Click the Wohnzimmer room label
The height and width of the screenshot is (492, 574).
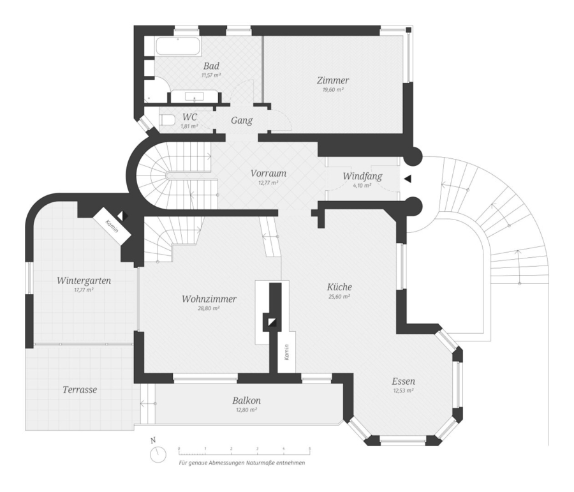209,299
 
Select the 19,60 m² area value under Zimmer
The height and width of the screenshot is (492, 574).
333,90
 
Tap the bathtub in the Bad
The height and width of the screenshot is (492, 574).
178,46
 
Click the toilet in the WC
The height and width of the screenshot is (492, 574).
168,120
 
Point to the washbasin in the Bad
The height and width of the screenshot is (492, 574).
194,97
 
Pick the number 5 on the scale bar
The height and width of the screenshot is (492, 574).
309,449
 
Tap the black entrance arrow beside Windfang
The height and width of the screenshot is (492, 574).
408,179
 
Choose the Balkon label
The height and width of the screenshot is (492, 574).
246,401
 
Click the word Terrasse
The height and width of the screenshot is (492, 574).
80,389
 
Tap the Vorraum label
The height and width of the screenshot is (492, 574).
268,173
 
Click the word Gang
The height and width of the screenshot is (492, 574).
241,120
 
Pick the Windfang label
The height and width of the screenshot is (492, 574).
362,176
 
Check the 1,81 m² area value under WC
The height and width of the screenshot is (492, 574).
189,126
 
